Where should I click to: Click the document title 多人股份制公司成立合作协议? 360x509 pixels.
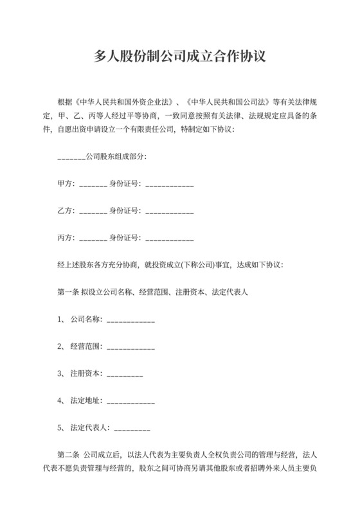point(180,57)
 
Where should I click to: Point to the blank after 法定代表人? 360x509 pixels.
point(132,427)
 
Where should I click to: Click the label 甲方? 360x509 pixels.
point(65,184)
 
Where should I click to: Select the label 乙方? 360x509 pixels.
point(65,211)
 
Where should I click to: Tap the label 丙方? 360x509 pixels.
point(65,238)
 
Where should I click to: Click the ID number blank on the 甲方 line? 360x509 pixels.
point(170,184)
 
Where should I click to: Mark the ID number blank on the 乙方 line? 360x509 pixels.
point(170,211)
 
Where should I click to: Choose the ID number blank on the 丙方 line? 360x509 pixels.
point(170,238)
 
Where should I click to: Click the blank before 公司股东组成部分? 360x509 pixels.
point(71,157)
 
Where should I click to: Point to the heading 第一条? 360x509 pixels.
point(68,292)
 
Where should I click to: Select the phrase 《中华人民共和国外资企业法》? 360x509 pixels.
point(122,103)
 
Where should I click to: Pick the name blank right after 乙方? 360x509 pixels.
point(93,211)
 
